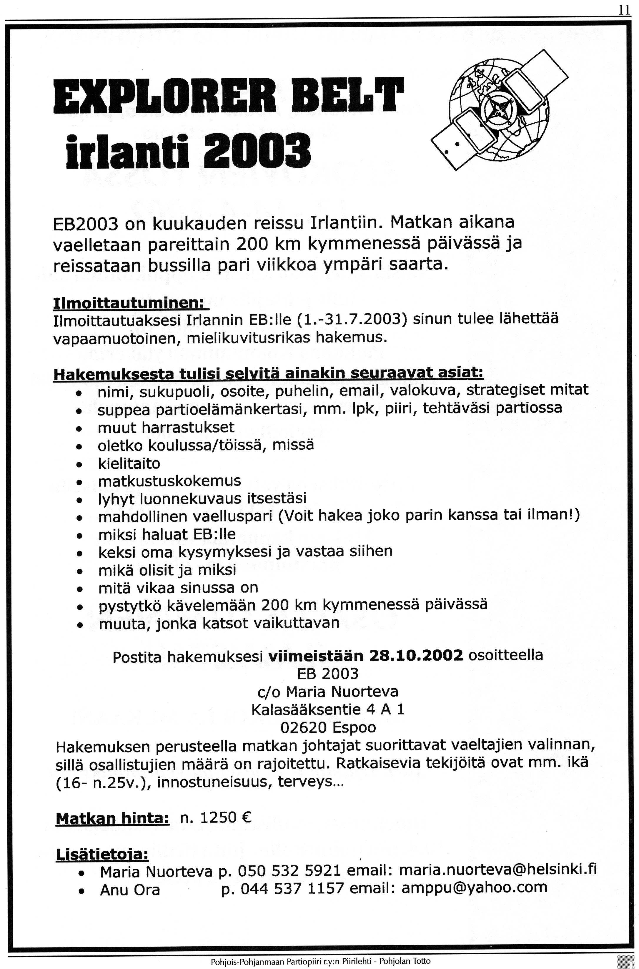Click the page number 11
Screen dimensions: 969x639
pyautogui.click(x=623, y=10)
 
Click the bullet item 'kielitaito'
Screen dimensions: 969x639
pyautogui.click(x=129, y=463)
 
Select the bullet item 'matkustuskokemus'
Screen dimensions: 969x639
pyautogui.click(x=169, y=481)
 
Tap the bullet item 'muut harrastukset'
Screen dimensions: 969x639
pyautogui.click(x=166, y=427)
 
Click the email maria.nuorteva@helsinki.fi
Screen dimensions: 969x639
pyautogui.click(x=498, y=871)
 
